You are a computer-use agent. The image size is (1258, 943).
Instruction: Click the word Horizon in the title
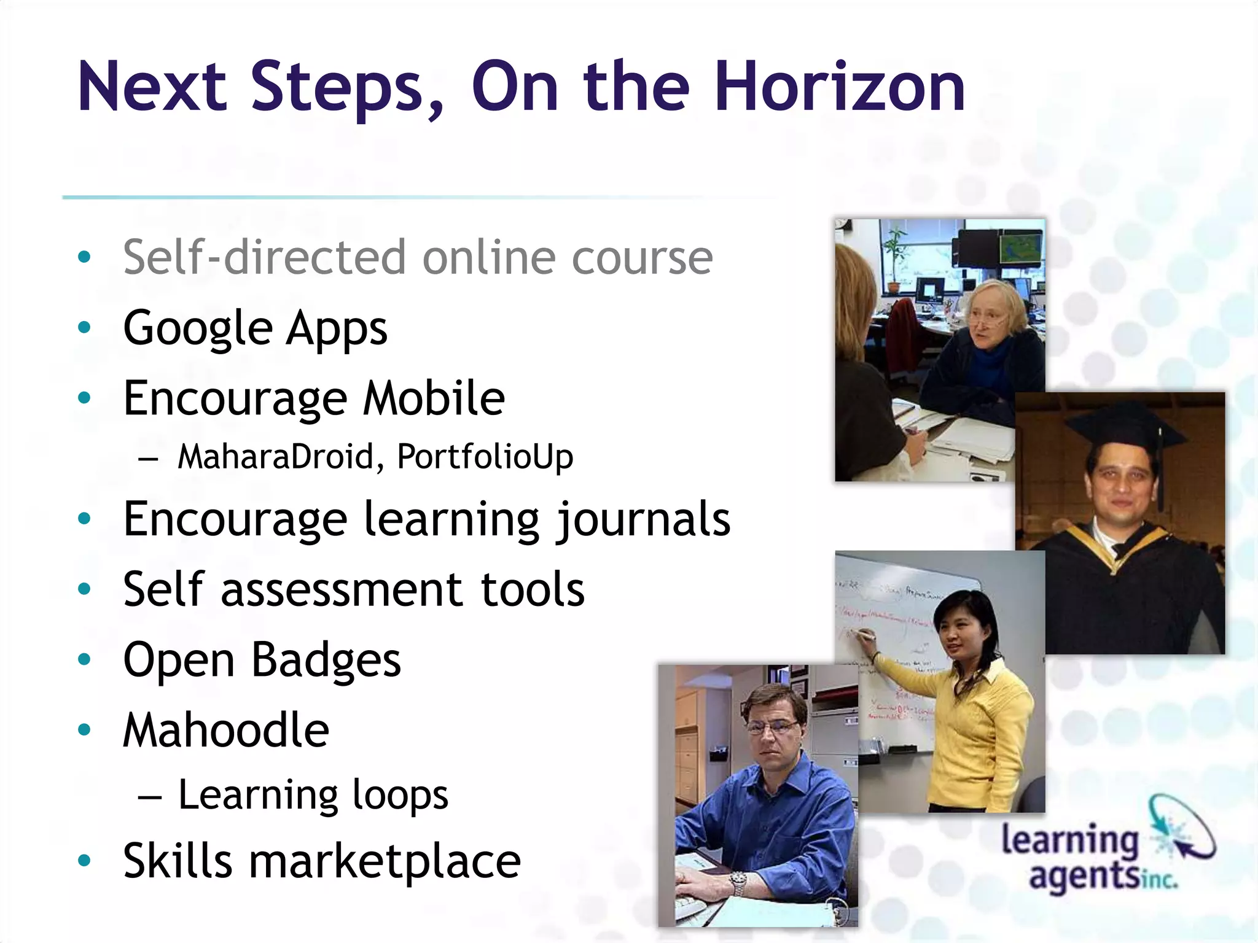pos(839,87)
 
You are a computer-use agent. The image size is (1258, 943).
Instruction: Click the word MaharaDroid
pos(276,457)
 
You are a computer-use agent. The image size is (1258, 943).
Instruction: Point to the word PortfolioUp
pos(485,457)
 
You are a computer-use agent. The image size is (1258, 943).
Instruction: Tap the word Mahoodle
pos(226,731)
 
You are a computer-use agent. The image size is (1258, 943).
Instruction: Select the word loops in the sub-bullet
pos(400,796)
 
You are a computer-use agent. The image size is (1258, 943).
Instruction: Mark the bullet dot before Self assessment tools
pos(85,590)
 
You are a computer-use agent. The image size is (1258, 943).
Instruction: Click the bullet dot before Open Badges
pos(85,660)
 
